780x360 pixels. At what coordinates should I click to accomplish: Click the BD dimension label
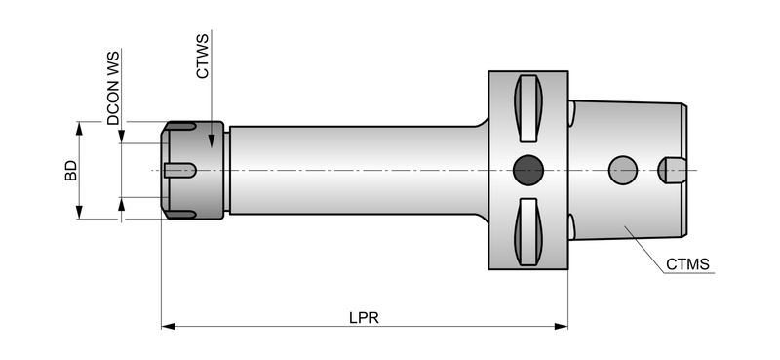(71, 171)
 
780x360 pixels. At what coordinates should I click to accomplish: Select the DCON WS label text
(113, 88)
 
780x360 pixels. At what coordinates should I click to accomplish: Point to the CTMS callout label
(687, 264)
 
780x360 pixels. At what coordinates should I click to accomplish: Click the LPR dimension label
(364, 318)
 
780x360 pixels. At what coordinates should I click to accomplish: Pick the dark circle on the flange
(527, 170)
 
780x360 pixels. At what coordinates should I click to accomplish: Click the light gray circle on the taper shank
(623, 170)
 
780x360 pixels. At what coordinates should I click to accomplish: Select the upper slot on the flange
(527, 108)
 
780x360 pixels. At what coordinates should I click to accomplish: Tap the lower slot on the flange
(527, 231)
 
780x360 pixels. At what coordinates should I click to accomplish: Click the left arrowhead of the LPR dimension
(168, 326)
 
